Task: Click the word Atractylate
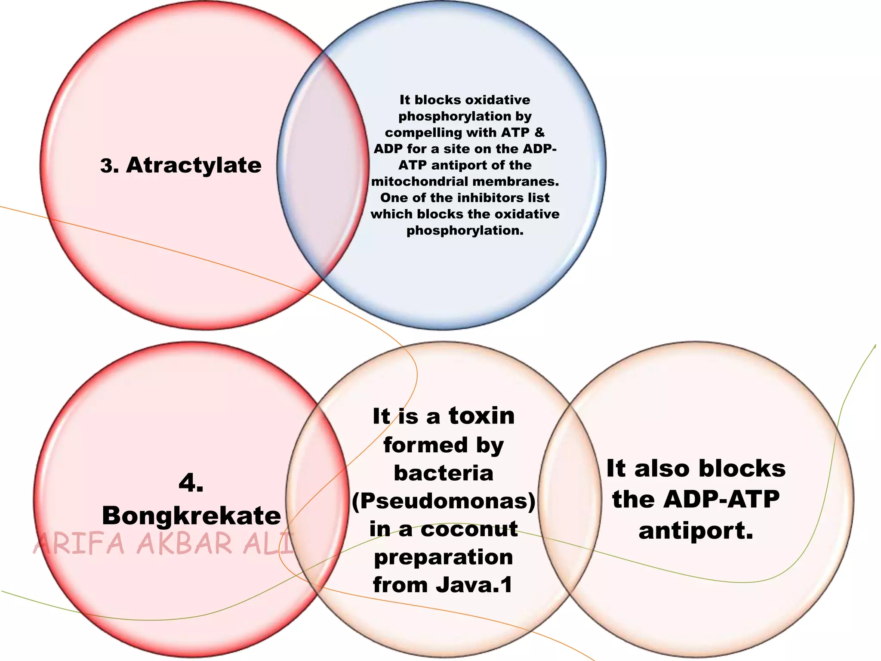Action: pyautogui.click(x=194, y=166)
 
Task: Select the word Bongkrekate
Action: pyautogui.click(x=191, y=516)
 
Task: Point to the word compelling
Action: pyautogui.click(x=416, y=133)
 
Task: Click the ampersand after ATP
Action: pyautogui.click(x=539, y=132)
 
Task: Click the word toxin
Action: pyautogui.click(x=481, y=416)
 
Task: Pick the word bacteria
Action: pyautogui.click(x=444, y=473)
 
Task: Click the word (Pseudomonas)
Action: pyautogui.click(x=444, y=501)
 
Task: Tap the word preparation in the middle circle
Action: pyautogui.click(x=444, y=558)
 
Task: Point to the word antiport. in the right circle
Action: pyautogui.click(x=696, y=531)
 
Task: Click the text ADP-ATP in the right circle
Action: pyautogui.click(x=721, y=500)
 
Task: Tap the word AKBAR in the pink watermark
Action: pyautogui.click(x=185, y=544)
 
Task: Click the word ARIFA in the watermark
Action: pyautogui.click(x=79, y=544)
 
